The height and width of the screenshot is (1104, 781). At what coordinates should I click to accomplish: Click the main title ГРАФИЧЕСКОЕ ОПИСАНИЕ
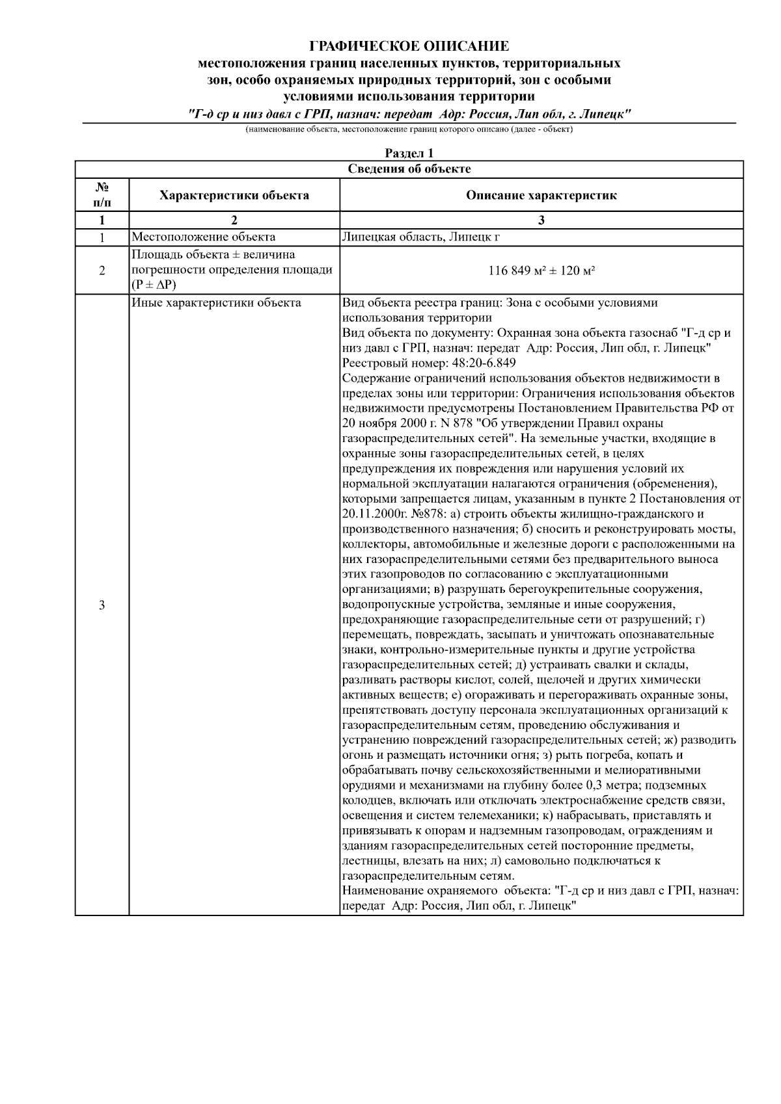pyautogui.click(x=409, y=46)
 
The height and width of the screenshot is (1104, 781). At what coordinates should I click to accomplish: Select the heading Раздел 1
pyautogui.click(x=409, y=153)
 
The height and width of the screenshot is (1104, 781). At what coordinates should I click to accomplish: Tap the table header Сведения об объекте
pyautogui.click(x=409, y=169)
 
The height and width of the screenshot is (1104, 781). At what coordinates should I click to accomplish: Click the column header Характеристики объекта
pyautogui.click(x=234, y=195)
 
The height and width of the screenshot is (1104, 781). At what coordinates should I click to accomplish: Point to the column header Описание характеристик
pyautogui.click(x=541, y=195)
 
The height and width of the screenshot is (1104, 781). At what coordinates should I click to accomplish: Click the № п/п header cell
pyautogui.click(x=102, y=195)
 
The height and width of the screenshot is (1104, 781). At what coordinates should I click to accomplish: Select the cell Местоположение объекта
pyautogui.click(x=203, y=237)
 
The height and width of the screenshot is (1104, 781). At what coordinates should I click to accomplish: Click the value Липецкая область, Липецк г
pyautogui.click(x=420, y=237)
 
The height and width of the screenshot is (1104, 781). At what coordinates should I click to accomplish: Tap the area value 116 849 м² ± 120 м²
pyautogui.click(x=541, y=270)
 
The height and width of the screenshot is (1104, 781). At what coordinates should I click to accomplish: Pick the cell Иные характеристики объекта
pyautogui.click(x=216, y=303)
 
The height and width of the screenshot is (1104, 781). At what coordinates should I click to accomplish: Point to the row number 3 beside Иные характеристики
pyautogui.click(x=102, y=605)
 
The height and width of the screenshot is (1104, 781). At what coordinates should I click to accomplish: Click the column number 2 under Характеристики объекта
pyautogui.click(x=234, y=220)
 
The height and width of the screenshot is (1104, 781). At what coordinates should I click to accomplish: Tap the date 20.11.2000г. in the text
pyautogui.click(x=376, y=514)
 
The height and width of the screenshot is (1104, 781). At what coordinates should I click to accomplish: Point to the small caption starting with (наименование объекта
pyautogui.click(x=409, y=129)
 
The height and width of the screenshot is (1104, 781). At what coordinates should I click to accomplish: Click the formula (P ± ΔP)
pyautogui.click(x=154, y=285)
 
